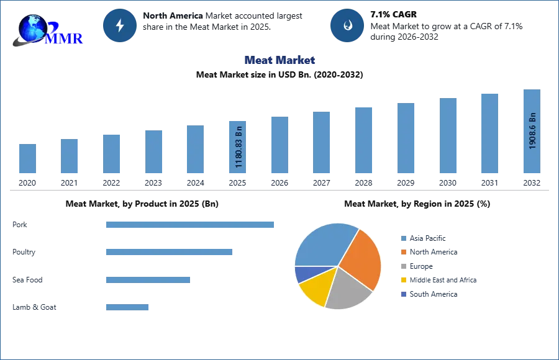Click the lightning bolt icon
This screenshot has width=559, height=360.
(x=120, y=25)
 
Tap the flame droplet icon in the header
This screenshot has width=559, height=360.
(x=348, y=25)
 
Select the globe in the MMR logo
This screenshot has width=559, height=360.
(x=32, y=28)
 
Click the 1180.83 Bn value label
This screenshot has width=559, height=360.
(x=239, y=148)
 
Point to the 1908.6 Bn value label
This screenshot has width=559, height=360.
(x=532, y=131)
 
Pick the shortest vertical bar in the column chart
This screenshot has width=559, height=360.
(x=27, y=159)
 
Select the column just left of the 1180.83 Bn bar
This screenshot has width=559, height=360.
(x=194, y=149)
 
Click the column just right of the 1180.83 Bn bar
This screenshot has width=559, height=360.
(x=278, y=144)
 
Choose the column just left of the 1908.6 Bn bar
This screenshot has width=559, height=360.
(x=489, y=132)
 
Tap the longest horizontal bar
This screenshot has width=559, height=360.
(x=191, y=223)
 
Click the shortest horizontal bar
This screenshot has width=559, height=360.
(x=127, y=307)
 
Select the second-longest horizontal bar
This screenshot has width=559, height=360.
(x=169, y=253)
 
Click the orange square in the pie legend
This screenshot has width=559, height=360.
(x=403, y=253)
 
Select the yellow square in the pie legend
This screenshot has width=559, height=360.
(x=403, y=279)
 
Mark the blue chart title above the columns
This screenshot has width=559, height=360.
(x=281, y=60)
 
